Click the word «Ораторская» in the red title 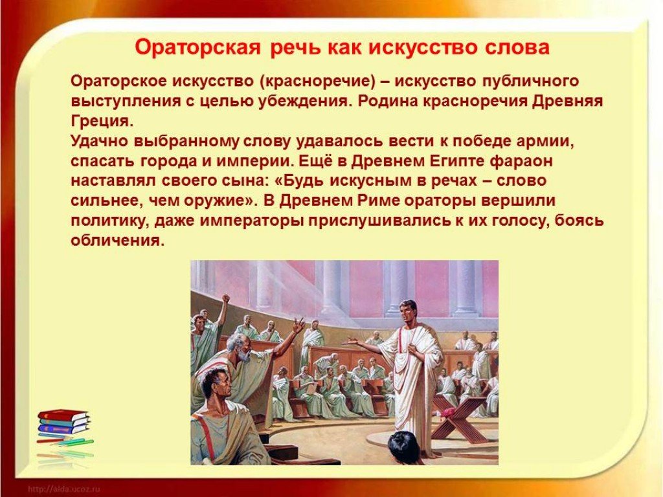point(197,47)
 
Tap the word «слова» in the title point(517,47)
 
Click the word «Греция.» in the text point(102,122)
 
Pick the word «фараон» point(522,161)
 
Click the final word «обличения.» point(117,240)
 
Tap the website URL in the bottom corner point(63,490)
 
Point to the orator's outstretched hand point(350,342)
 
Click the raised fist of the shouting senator point(226,298)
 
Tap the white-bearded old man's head point(238,349)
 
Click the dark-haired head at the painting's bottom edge point(403,448)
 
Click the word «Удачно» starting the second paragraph point(99,141)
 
